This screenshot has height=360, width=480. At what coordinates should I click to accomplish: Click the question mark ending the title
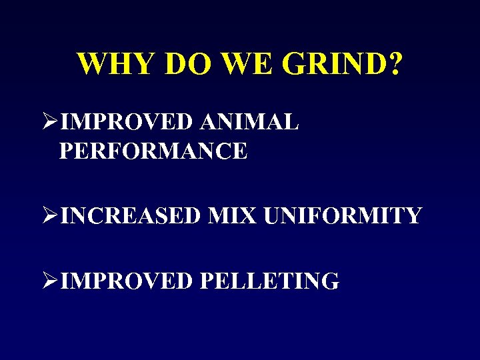(x=395, y=64)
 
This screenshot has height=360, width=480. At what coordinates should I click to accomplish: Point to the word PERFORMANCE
(x=153, y=151)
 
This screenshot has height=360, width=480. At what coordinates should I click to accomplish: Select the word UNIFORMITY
(x=343, y=216)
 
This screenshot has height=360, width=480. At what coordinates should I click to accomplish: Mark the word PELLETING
(x=269, y=281)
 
